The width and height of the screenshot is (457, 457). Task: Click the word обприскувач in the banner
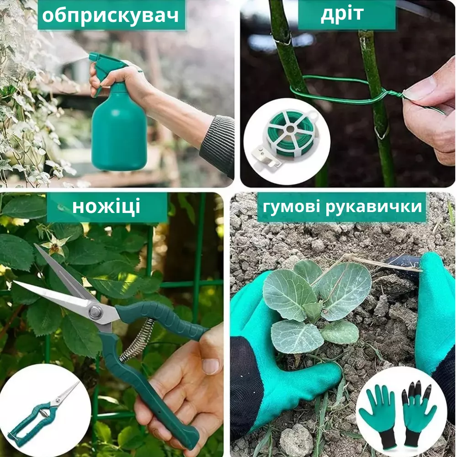click(111, 16)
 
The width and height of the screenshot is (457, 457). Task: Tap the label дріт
click(342, 14)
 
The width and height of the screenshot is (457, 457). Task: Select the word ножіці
click(106, 207)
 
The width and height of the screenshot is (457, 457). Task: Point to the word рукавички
click(374, 207)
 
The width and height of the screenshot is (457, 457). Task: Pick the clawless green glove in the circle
click(378, 414)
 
